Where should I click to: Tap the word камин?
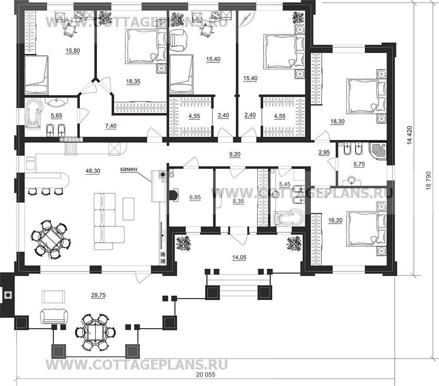128,169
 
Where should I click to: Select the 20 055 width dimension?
208,374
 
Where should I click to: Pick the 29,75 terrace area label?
99,295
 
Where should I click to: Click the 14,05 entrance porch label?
239,257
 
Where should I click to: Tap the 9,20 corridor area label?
234,154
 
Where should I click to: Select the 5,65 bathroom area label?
56,115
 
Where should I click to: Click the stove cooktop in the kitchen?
71,148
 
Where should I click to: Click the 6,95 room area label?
195,197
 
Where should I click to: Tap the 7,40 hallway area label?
111,126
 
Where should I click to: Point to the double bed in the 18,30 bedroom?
367,96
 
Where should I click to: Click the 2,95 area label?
324,152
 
